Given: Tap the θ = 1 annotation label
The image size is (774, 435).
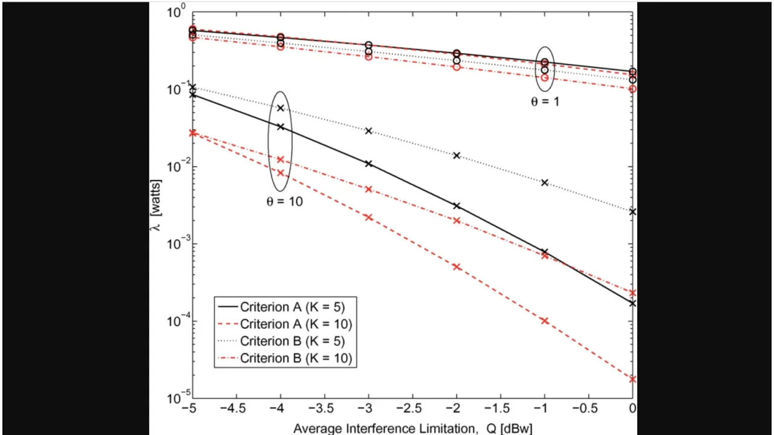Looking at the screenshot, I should pos(545,102).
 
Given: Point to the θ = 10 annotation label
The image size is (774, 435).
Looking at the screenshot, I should pos(284,202).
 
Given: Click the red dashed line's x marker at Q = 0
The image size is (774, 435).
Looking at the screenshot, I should pos(633,379).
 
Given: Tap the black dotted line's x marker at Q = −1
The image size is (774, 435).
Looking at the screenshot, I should pos(544,182).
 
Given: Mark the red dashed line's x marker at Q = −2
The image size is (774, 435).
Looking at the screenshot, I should pos(457,267).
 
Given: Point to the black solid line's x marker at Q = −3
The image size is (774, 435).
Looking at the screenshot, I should pos(368,164).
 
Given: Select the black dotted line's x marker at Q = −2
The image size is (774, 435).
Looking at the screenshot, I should pos(457,155).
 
